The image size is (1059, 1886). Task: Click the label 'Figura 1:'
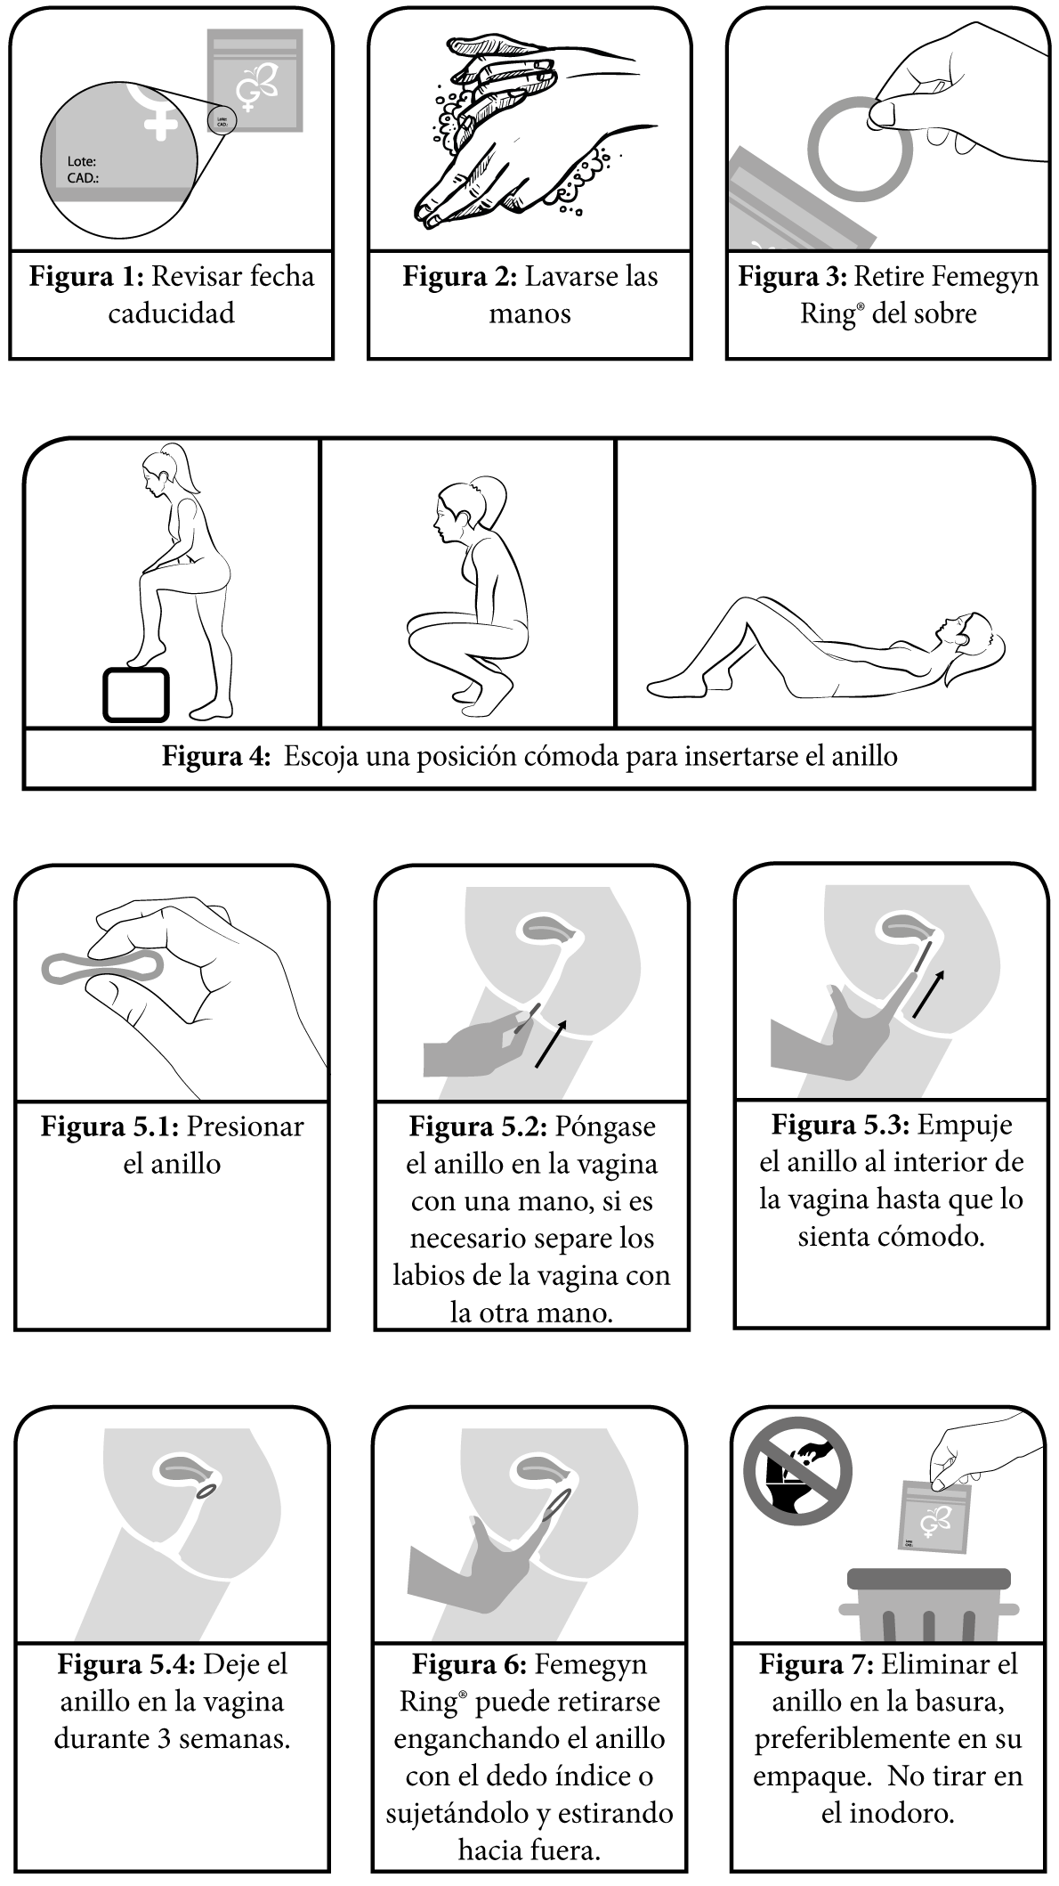point(85,276)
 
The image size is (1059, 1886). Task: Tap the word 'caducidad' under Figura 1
point(171,313)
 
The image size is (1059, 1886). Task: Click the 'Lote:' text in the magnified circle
point(82,162)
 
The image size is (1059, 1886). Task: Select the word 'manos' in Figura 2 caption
point(529,313)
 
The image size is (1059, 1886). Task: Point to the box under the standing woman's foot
point(135,694)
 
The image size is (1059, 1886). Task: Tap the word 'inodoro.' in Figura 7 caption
point(887,1813)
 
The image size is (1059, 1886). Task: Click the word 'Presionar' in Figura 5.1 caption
point(246,1126)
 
